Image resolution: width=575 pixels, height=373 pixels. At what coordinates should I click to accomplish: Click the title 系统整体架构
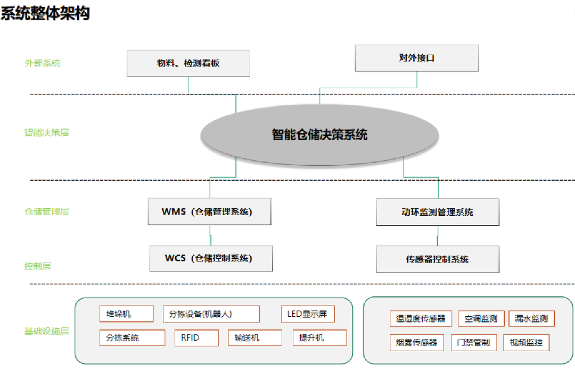point(45,13)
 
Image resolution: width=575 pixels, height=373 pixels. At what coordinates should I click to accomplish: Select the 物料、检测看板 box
point(188,63)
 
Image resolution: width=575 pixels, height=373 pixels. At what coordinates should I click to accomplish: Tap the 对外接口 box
point(417,58)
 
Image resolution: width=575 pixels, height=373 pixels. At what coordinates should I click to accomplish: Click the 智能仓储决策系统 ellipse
point(319,134)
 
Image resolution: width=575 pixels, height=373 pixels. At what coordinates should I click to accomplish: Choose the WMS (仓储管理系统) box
point(210,212)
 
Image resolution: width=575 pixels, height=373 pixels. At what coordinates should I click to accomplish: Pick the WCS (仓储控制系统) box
point(211,259)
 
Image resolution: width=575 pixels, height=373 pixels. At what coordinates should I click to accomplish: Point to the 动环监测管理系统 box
point(438,213)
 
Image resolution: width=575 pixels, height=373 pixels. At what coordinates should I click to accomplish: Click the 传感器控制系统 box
point(438,259)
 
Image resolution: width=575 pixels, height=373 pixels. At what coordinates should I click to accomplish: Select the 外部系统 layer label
point(43,63)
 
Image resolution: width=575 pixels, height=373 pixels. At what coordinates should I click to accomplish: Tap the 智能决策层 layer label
point(47,132)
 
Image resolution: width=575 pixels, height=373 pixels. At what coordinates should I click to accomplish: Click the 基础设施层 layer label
point(47,331)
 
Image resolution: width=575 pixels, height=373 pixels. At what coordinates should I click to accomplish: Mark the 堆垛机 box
point(126,314)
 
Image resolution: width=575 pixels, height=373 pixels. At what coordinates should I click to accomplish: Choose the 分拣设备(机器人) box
point(211,314)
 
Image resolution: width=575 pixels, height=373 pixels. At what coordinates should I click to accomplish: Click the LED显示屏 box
point(308,314)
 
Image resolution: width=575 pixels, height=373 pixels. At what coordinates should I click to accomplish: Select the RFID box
point(196,338)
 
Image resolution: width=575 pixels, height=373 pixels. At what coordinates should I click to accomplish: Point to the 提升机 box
point(319,338)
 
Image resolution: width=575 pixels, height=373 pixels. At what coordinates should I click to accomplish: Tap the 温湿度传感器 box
point(421,319)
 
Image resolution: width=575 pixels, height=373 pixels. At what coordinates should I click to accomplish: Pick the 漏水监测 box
point(531,319)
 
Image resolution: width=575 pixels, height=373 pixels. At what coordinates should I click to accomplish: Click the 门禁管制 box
point(473,343)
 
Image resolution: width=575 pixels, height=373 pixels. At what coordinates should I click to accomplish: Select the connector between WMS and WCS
point(211,235)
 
